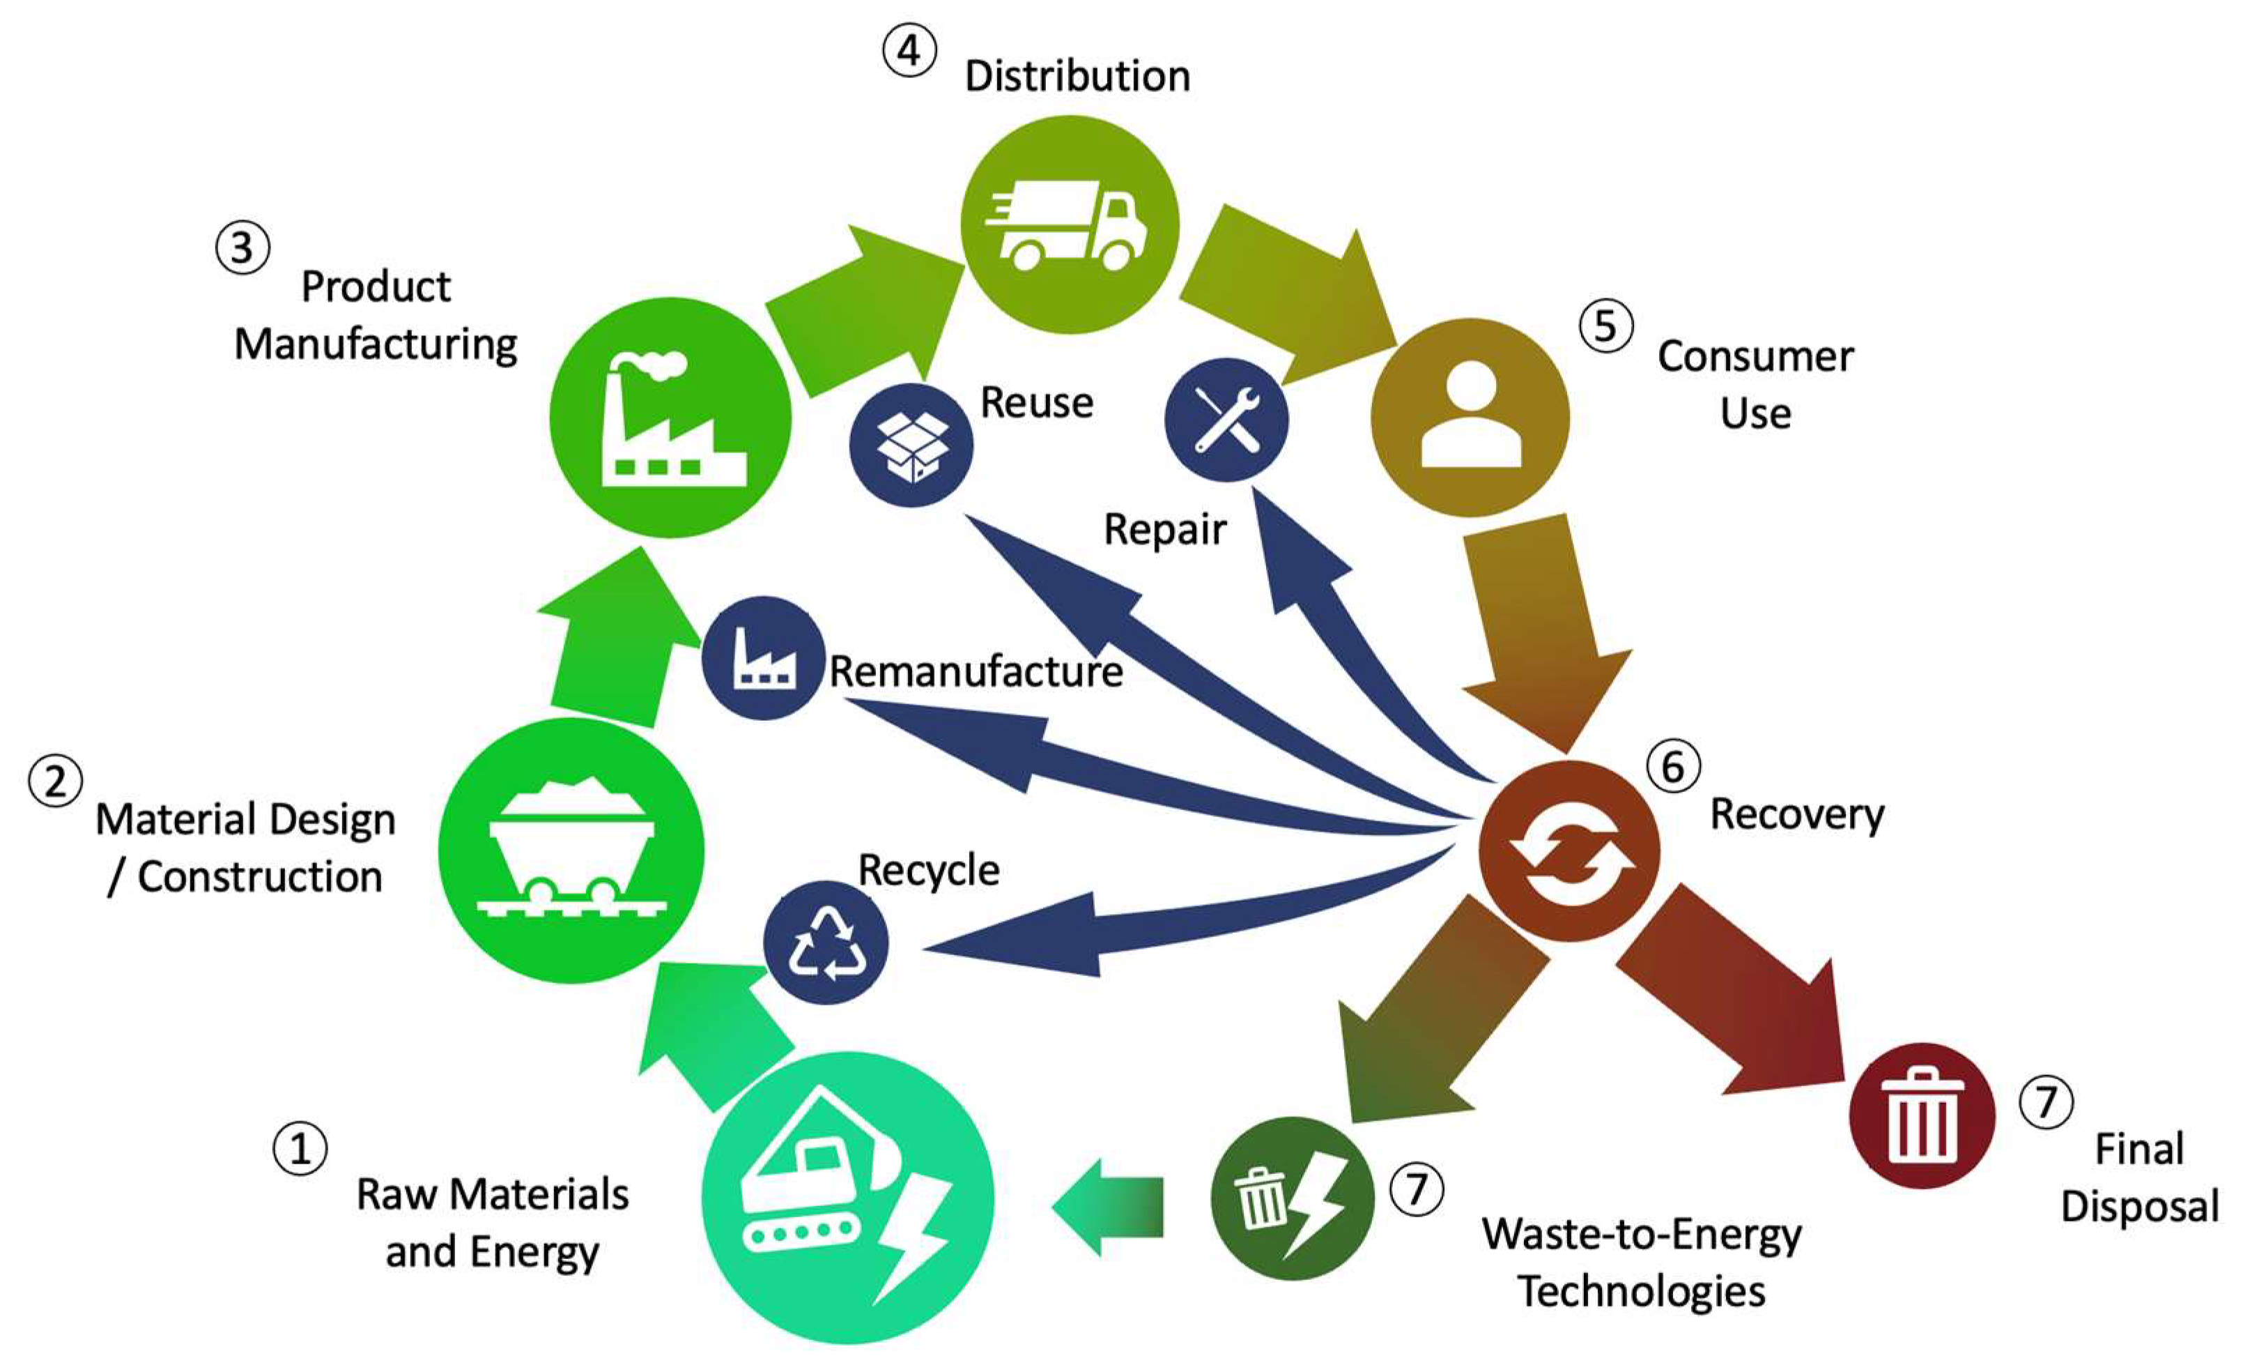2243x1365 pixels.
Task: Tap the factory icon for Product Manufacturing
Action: tap(671, 418)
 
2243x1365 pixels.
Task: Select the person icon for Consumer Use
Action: tap(1470, 417)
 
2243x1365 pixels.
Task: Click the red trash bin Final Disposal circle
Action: tap(1922, 1115)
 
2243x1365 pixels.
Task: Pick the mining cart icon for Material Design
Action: tap(571, 850)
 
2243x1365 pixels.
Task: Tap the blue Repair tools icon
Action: tap(1226, 420)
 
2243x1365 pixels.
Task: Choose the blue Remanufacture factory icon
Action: tap(764, 657)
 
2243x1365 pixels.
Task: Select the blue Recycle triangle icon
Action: tap(826, 943)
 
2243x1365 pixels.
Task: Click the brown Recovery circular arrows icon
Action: tap(1569, 851)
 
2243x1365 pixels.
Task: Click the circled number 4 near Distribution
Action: tap(909, 51)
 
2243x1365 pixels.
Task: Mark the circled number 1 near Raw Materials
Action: tap(300, 1148)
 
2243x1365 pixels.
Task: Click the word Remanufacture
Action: tap(976, 672)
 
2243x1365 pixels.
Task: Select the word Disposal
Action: tap(2139, 1207)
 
